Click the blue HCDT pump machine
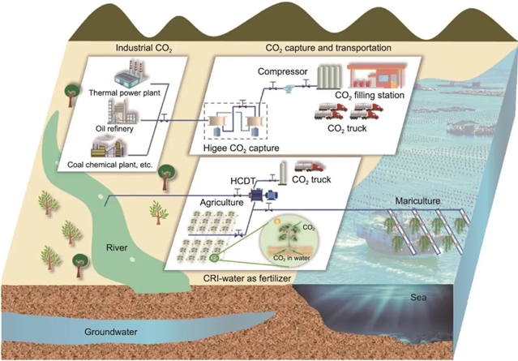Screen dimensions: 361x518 263,196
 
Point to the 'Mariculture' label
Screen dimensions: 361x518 417,200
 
